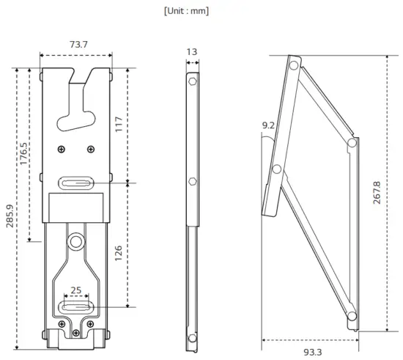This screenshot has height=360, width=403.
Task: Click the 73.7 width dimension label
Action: coord(78,45)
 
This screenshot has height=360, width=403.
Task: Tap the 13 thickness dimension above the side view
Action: coord(192,52)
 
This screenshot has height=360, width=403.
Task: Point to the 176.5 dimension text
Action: coord(24,153)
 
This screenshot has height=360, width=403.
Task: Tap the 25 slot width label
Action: coord(76,290)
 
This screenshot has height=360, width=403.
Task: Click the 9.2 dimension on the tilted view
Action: coord(269,126)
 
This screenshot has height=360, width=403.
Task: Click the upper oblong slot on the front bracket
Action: coord(76,183)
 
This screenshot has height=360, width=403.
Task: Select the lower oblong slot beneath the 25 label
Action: coord(76,306)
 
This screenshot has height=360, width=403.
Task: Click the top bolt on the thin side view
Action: coord(192,81)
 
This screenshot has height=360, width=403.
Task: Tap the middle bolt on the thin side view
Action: coord(192,181)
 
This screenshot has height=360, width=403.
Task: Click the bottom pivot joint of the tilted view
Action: coord(352,317)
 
